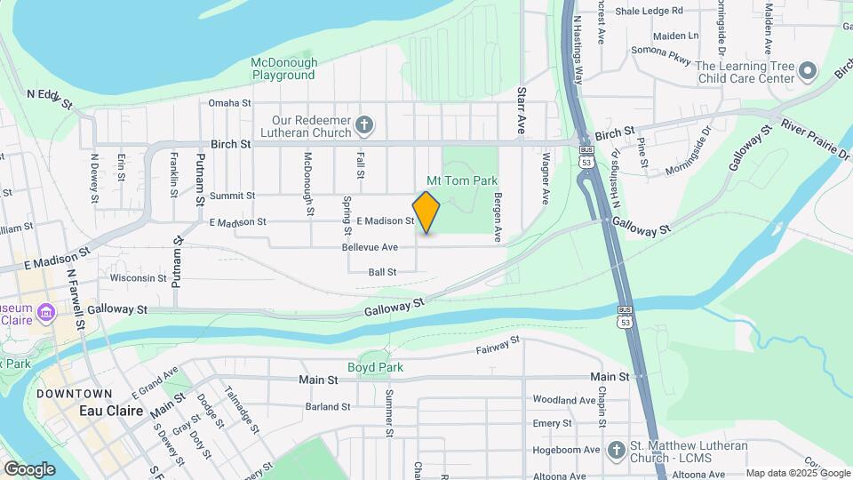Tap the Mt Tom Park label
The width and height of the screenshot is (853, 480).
(462, 180)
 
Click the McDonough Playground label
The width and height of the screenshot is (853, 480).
(283, 68)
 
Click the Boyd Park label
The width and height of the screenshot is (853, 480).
(375, 367)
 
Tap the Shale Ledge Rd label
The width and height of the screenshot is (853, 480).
(651, 11)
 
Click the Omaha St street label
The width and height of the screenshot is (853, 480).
(229, 103)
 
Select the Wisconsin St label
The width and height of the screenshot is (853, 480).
(139, 278)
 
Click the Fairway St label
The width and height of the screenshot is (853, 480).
(497, 348)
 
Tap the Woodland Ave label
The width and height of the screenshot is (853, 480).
(563, 400)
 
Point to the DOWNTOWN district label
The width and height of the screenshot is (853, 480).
(75, 394)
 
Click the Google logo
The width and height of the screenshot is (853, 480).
(29, 468)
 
